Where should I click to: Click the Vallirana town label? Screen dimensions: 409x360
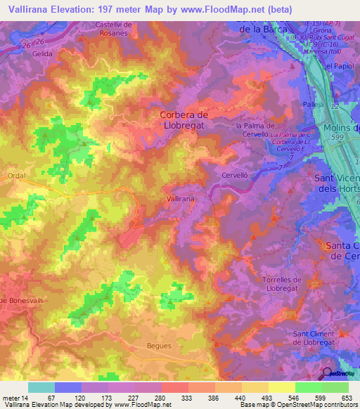[x=179, y=200]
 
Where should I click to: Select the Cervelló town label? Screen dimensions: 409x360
[x=236, y=176]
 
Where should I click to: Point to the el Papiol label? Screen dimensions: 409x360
[x=340, y=65]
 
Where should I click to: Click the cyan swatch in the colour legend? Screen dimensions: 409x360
[x=41, y=387]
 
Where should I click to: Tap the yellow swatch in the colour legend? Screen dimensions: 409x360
[x=282, y=387]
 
